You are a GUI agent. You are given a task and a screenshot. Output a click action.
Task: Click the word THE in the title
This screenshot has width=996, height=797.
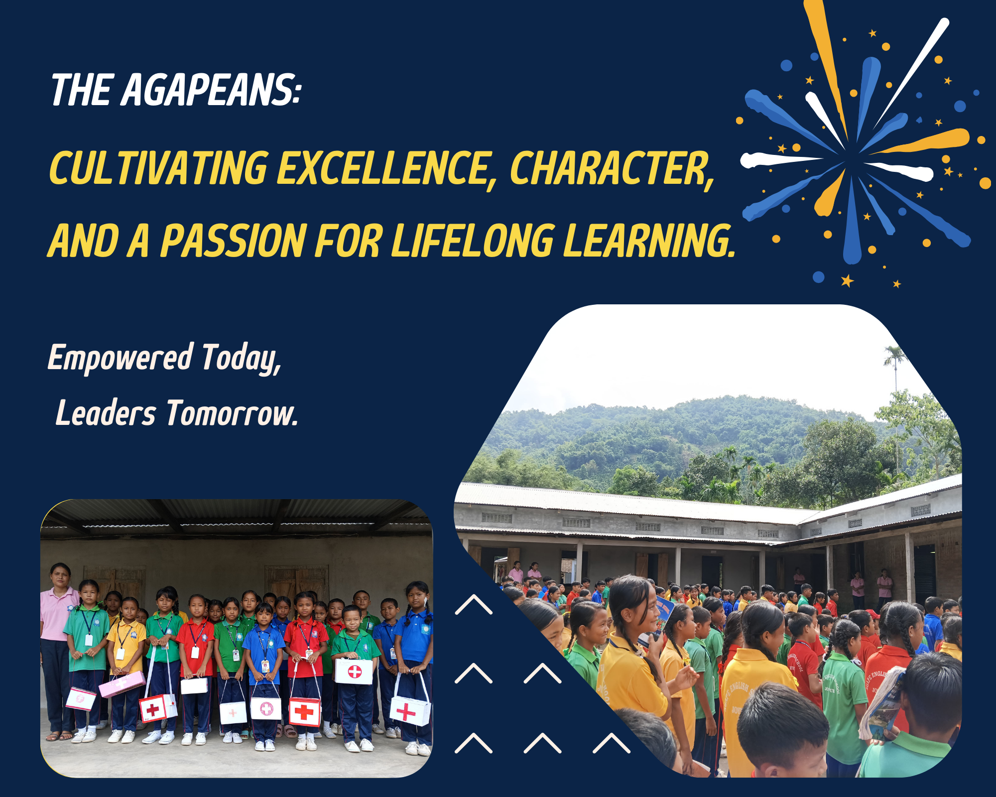tap(82, 90)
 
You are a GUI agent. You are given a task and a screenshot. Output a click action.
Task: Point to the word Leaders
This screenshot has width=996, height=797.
tap(106, 413)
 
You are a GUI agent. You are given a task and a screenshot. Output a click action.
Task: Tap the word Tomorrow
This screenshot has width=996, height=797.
tap(232, 413)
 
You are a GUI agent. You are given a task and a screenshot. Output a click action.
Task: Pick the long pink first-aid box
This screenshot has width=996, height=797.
tap(122, 684)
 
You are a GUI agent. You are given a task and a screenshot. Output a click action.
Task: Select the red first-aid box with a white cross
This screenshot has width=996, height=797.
tap(305, 711)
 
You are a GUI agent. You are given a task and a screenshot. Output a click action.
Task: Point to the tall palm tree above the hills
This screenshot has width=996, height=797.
tap(895, 379)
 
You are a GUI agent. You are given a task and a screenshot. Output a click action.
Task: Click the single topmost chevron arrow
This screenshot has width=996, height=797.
tap(474, 604)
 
